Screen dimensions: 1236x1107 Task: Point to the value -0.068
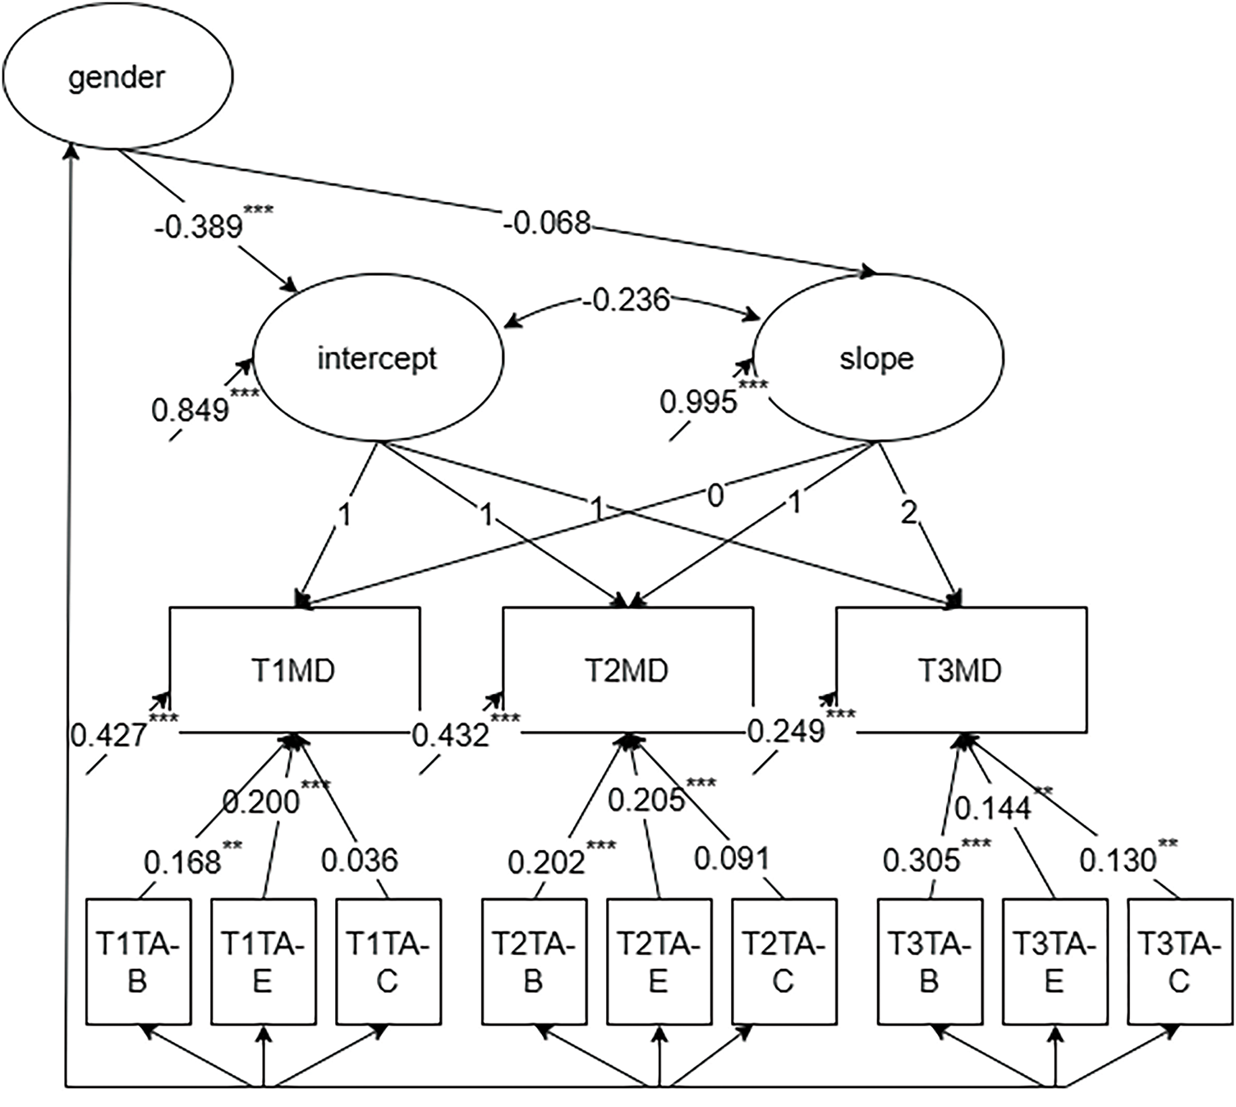click(547, 223)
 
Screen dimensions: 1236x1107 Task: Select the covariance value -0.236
click(625, 301)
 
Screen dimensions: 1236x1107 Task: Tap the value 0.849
click(191, 411)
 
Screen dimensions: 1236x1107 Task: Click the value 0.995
click(699, 402)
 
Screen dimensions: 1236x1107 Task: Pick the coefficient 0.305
click(921, 861)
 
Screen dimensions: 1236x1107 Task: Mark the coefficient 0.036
click(360, 861)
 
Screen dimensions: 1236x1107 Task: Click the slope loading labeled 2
click(909, 514)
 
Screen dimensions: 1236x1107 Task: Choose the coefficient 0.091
click(732, 859)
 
